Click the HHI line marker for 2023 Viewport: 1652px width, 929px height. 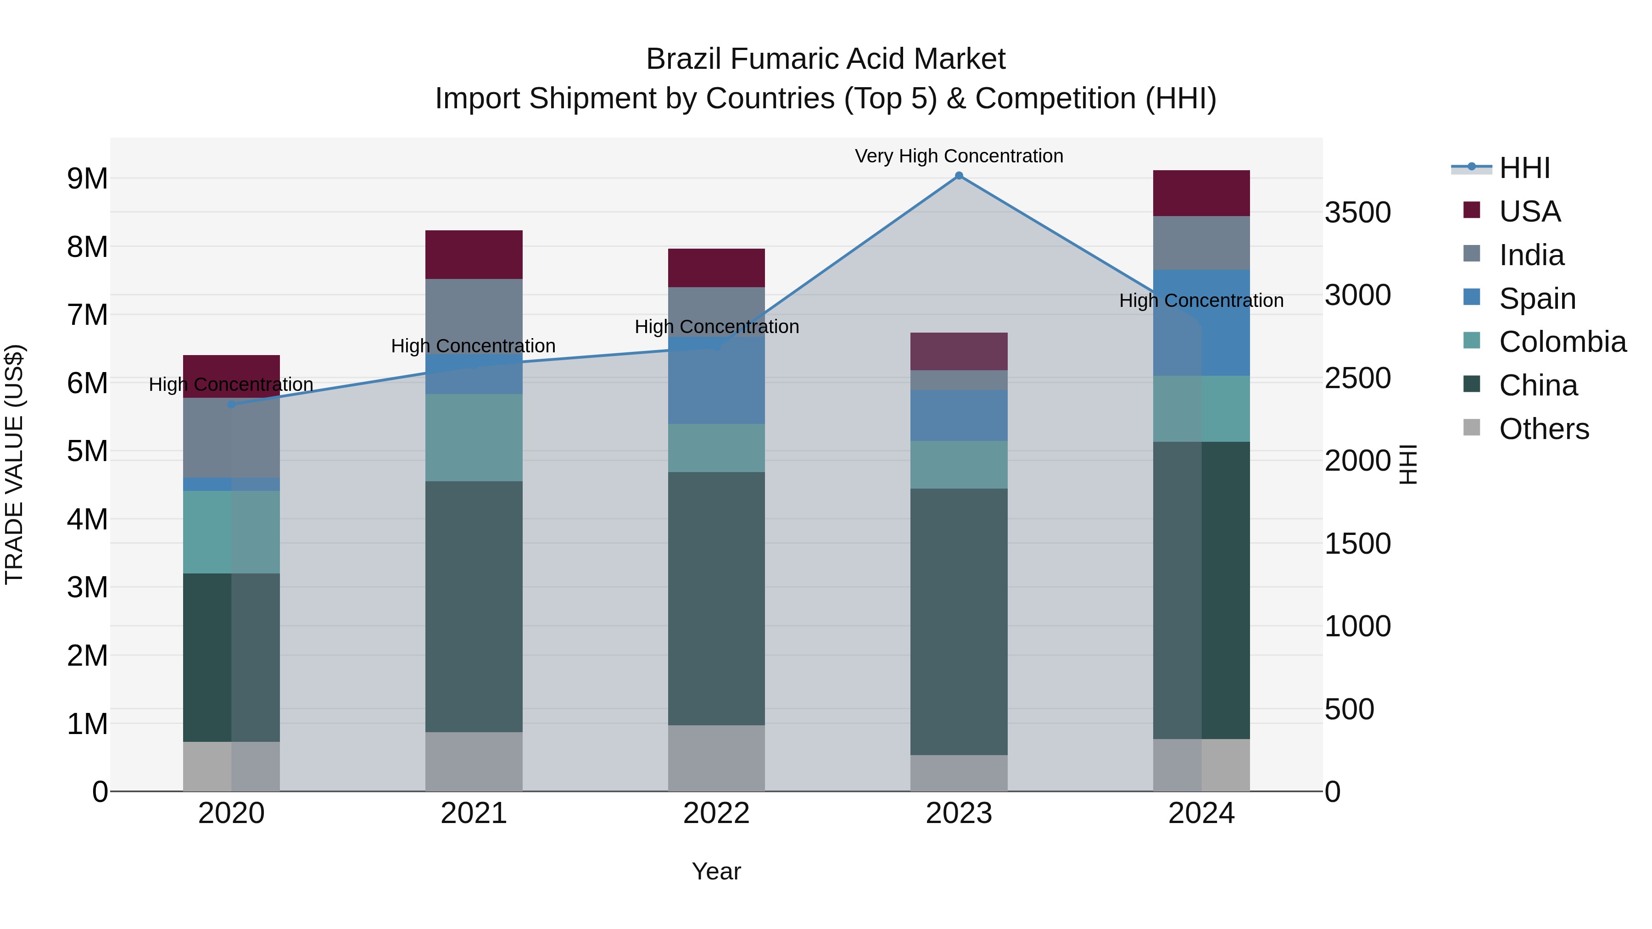click(959, 176)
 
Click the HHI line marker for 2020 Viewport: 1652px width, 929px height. click(232, 405)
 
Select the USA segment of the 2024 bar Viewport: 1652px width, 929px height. click(1201, 193)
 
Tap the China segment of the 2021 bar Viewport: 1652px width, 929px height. click(474, 606)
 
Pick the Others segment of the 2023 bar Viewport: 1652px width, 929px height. click(959, 773)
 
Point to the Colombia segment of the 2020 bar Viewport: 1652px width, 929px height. click(232, 532)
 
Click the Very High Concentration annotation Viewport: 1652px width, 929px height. click(959, 156)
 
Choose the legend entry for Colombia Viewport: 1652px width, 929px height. click(1562, 342)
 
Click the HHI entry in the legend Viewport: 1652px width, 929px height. click(1524, 168)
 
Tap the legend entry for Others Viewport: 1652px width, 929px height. click(1544, 429)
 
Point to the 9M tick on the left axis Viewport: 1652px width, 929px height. click(87, 178)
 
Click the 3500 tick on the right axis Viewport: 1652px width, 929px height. click(1358, 212)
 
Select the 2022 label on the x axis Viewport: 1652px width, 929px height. click(716, 813)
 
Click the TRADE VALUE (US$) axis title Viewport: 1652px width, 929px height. click(14, 464)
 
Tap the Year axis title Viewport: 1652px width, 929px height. click(716, 871)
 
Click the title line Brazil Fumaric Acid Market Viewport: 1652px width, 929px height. click(826, 59)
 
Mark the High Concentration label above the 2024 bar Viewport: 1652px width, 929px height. click(1201, 300)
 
